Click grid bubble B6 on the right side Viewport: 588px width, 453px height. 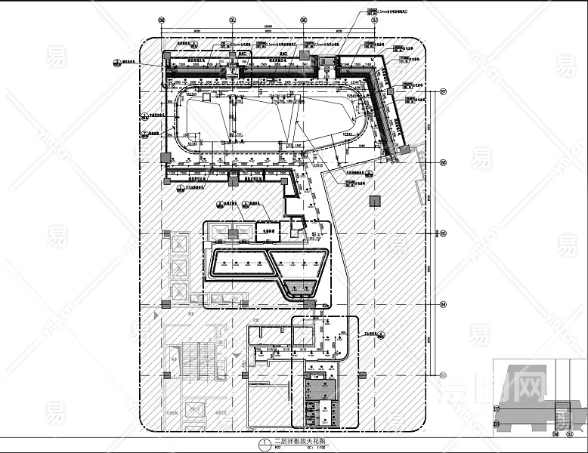tap(444, 162)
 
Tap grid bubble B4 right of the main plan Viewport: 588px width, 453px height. tap(444, 304)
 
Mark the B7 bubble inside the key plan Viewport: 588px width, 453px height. tap(497, 410)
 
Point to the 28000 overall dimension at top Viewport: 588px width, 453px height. tap(268, 25)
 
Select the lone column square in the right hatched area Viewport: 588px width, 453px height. tap(373, 201)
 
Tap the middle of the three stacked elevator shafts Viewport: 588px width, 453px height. tap(180, 268)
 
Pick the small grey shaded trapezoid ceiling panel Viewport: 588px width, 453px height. tap(301, 287)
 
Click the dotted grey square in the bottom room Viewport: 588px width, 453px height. tap(319, 387)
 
